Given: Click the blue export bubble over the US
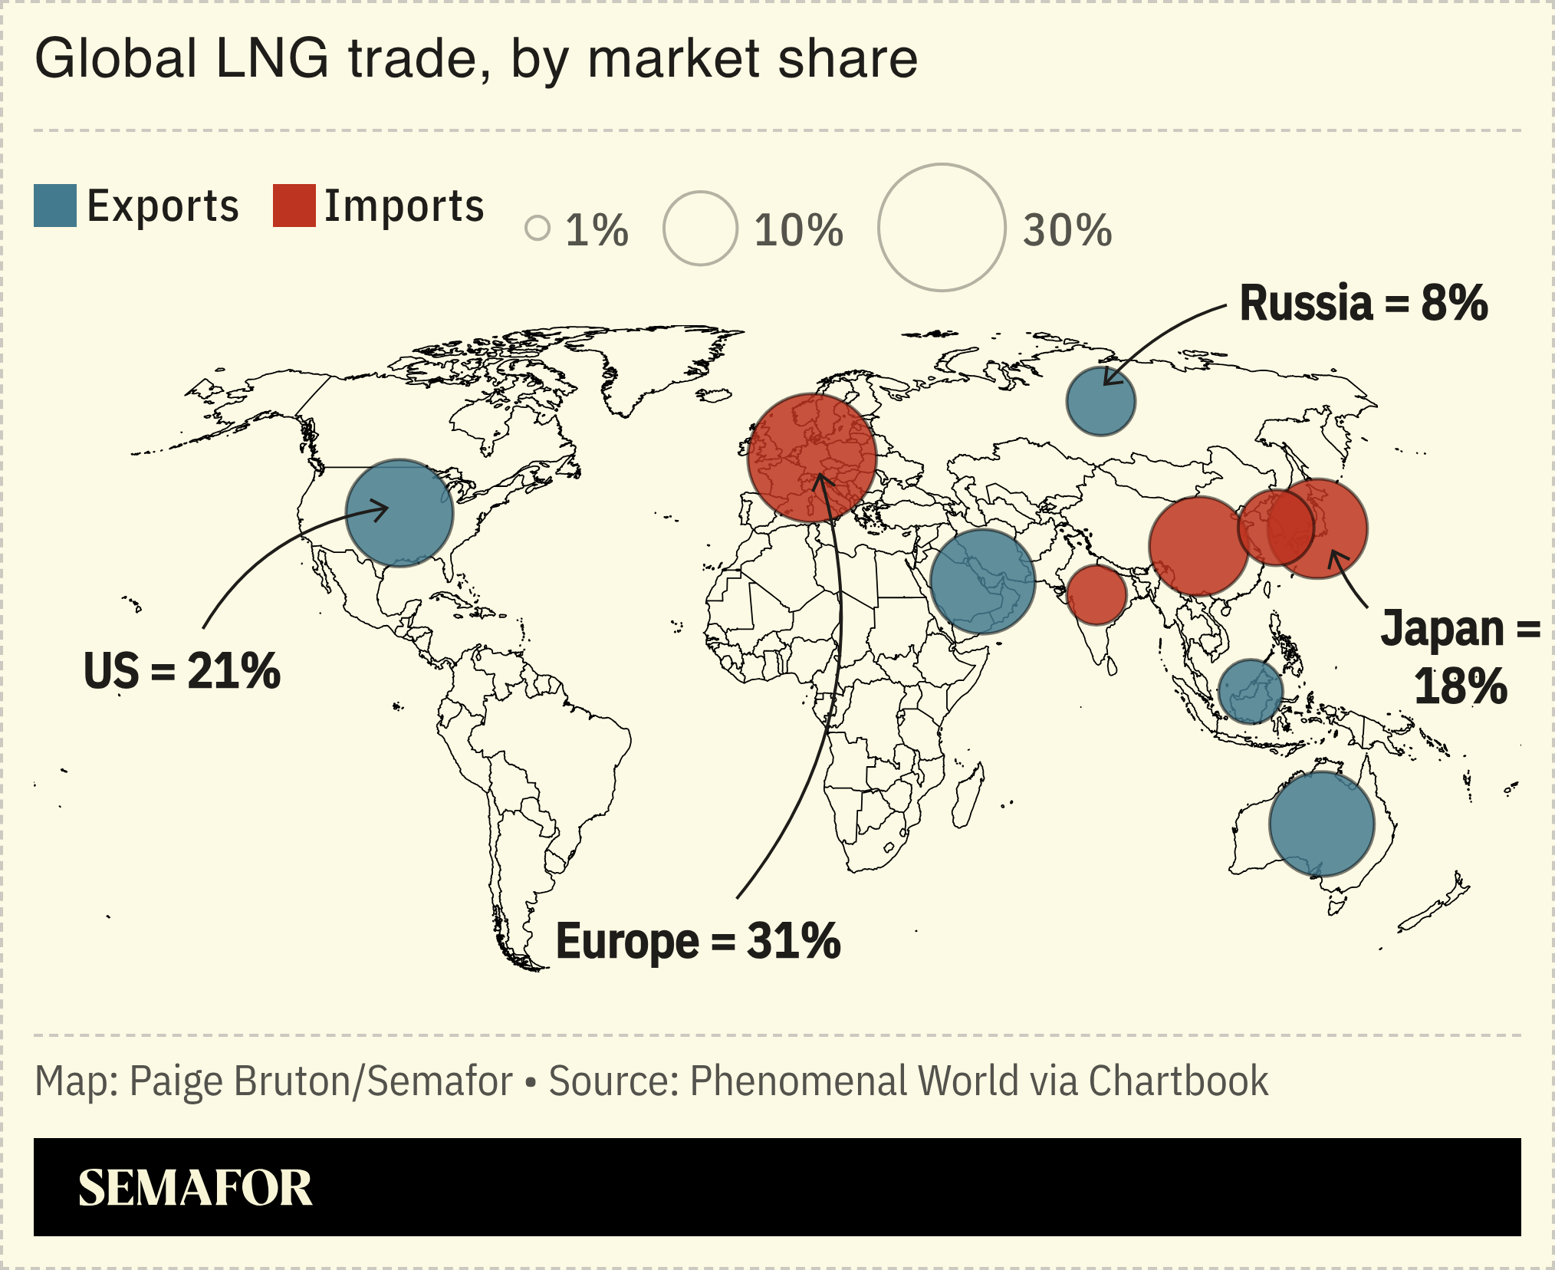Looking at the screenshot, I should pos(399,513).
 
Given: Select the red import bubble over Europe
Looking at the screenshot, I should pos(812,458).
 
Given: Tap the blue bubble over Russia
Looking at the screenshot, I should pos(1100,401).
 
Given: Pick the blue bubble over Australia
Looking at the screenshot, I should pos(1321,824).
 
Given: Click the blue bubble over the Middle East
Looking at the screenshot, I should pos(982,581).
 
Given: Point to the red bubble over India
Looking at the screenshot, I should pos(1096,595).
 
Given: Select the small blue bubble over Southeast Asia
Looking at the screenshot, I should pos(1251,692).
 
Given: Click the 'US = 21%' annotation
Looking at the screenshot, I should pos(182,671).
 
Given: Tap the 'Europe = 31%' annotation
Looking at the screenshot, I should pos(698,941).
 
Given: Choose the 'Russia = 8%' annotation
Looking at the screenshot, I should pos(1363,303).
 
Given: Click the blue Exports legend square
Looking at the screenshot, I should pos(55,206).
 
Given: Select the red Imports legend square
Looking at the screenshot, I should pos(294,206).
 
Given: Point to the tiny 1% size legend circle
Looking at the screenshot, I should pos(538,228).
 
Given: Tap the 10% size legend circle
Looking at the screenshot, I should pos(700,228).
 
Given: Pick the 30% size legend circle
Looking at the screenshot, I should pos(941,228).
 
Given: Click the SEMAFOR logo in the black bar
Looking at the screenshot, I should pos(196,1188).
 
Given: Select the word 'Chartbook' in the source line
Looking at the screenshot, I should pos(1178,1081).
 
